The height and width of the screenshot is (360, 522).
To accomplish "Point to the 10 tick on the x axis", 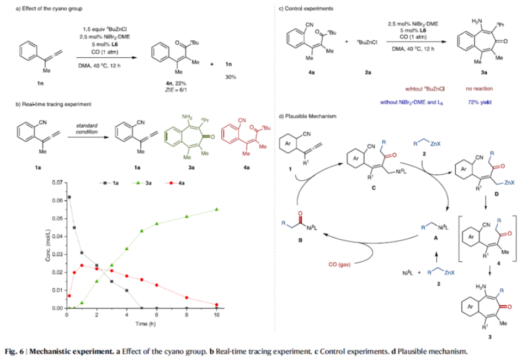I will tap(216, 314).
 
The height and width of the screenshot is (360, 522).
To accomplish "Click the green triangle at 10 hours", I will tap(216, 209).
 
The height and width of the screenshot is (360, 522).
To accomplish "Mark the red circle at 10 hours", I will tap(216, 305).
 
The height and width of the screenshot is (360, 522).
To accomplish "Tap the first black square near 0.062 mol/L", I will tap(69, 197).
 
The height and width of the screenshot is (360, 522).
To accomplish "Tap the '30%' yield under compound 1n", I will tap(230, 77).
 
